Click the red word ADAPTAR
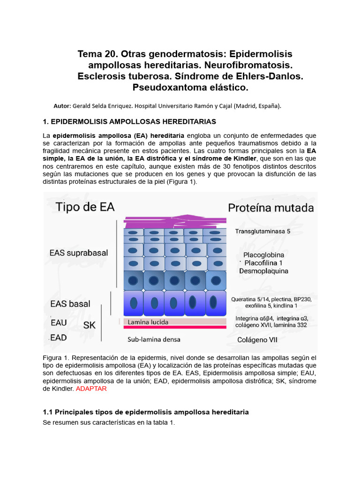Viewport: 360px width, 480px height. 91,389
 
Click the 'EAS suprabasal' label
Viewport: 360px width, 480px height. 78,253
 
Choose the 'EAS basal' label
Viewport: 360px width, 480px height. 70,304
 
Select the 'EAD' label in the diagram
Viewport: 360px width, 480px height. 58,337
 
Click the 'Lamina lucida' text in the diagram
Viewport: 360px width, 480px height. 148,322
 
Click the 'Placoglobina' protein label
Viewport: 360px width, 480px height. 263,255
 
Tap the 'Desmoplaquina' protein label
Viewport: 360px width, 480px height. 263,271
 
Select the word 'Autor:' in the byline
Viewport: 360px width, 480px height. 63,105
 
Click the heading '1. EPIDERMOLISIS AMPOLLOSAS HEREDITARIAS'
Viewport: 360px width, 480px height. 129,121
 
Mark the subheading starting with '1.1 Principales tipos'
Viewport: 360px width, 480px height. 145,412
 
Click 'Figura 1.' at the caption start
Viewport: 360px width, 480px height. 55,357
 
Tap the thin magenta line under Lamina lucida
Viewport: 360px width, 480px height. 174,328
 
